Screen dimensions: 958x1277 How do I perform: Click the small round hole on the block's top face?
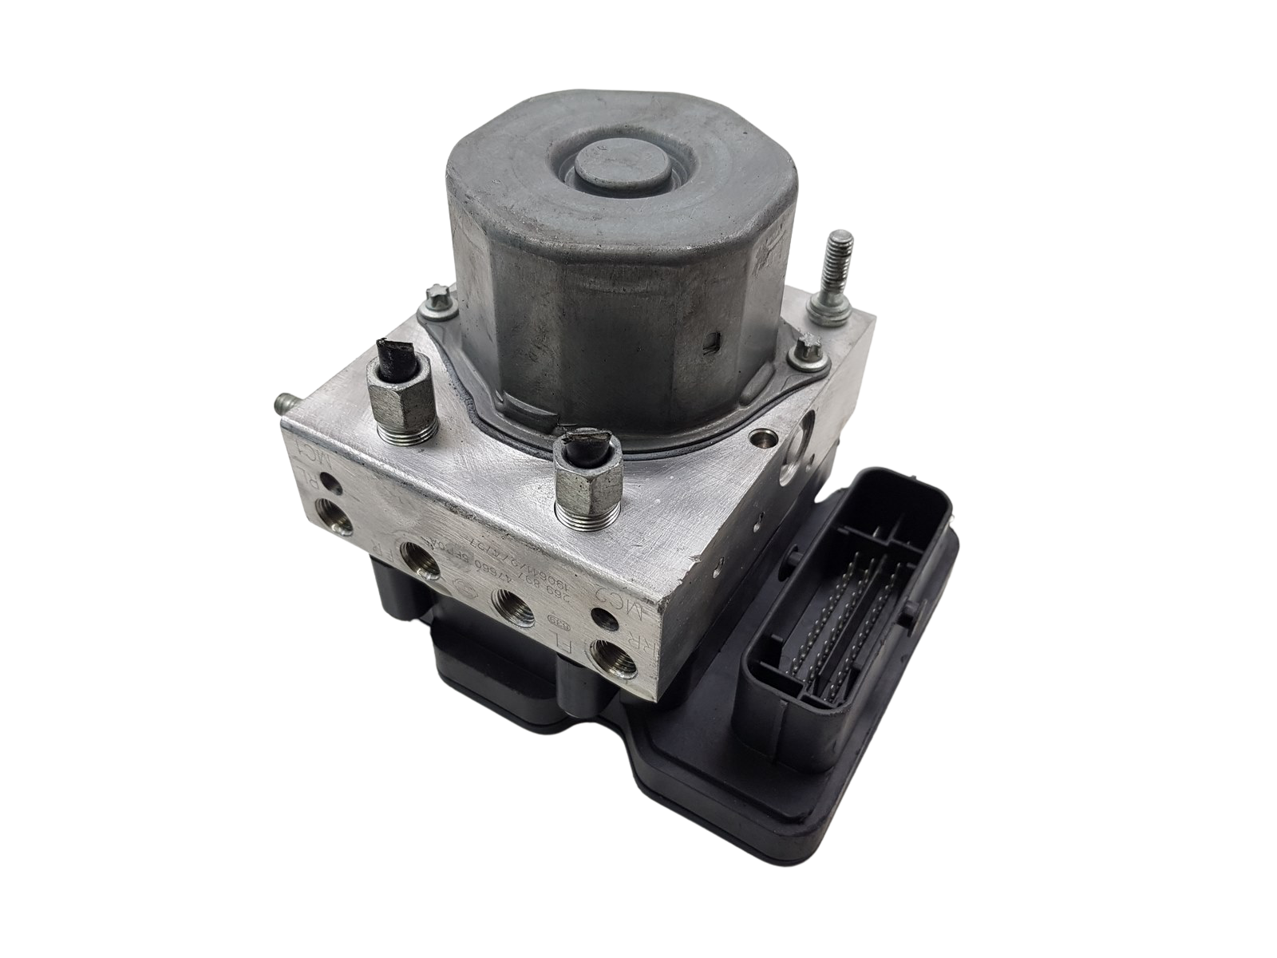(765, 436)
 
